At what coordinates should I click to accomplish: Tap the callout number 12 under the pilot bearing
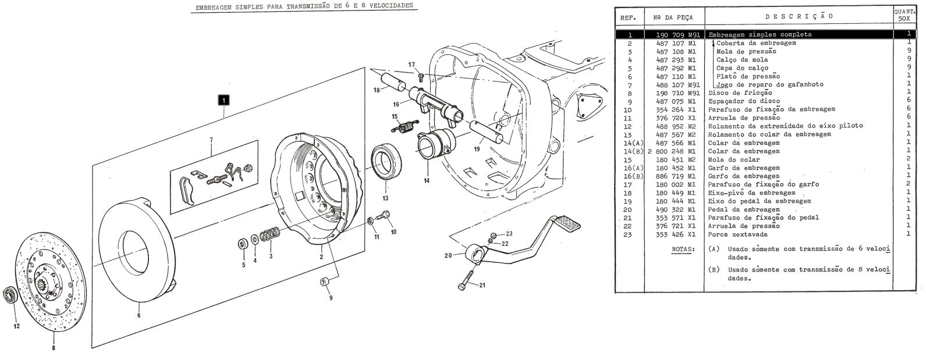16,326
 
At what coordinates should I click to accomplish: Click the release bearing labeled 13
385,163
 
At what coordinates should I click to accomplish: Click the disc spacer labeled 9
325,282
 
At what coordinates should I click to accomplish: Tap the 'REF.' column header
628,17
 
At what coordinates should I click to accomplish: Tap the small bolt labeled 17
421,76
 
